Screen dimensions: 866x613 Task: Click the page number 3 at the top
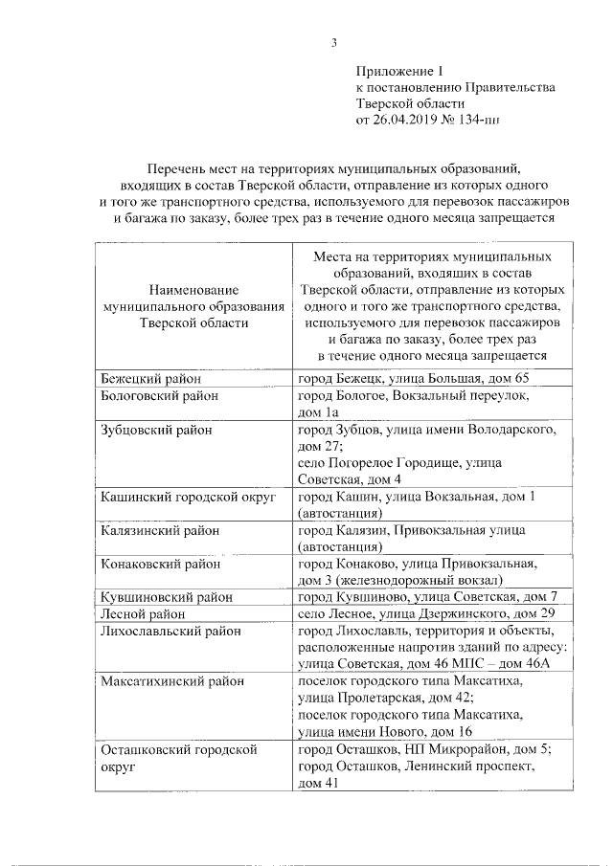tap(334, 41)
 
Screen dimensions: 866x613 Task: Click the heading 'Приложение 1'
tap(400, 71)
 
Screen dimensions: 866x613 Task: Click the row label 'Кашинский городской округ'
tap(188, 497)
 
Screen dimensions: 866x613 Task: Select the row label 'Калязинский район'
tap(160, 530)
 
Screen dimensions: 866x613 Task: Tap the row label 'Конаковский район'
tap(160, 564)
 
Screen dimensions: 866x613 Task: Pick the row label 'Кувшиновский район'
tap(166, 597)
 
